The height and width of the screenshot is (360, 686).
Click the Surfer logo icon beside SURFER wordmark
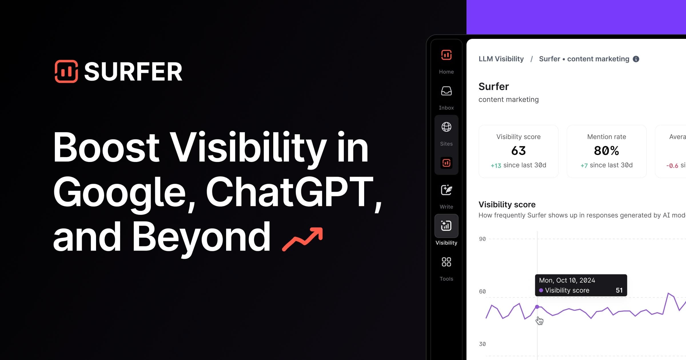click(x=66, y=71)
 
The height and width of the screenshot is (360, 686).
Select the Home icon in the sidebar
click(x=446, y=55)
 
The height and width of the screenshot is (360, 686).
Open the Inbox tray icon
click(x=446, y=91)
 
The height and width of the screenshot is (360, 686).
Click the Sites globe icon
click(x=446, y=127)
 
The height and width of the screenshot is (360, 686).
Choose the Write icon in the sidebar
click(x=446, y=190)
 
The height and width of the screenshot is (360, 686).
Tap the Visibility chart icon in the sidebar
click(x=446, y=226)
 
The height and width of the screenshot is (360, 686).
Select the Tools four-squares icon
click(x=446, y=262)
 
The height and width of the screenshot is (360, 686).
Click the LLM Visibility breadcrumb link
click(x=501, y=59)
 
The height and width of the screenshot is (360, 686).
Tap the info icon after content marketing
click(x=636, y=59)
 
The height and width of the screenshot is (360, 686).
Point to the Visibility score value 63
click(x=518, y=151)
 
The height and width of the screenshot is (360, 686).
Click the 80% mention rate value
click(x=606, y=151)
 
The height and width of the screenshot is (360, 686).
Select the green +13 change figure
click(x=496, y=165)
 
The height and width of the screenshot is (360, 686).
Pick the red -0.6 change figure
click(x=672, y=166)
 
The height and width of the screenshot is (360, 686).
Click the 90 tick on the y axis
click(x=482, y=239)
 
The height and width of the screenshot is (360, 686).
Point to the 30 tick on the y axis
click(x=482, y=344)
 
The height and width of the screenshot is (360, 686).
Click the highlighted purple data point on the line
click(x=537, y=307)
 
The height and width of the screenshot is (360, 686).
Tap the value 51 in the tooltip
click(x=619, y=290)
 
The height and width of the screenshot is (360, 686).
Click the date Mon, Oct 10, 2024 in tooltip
click(x=567, y=280)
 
